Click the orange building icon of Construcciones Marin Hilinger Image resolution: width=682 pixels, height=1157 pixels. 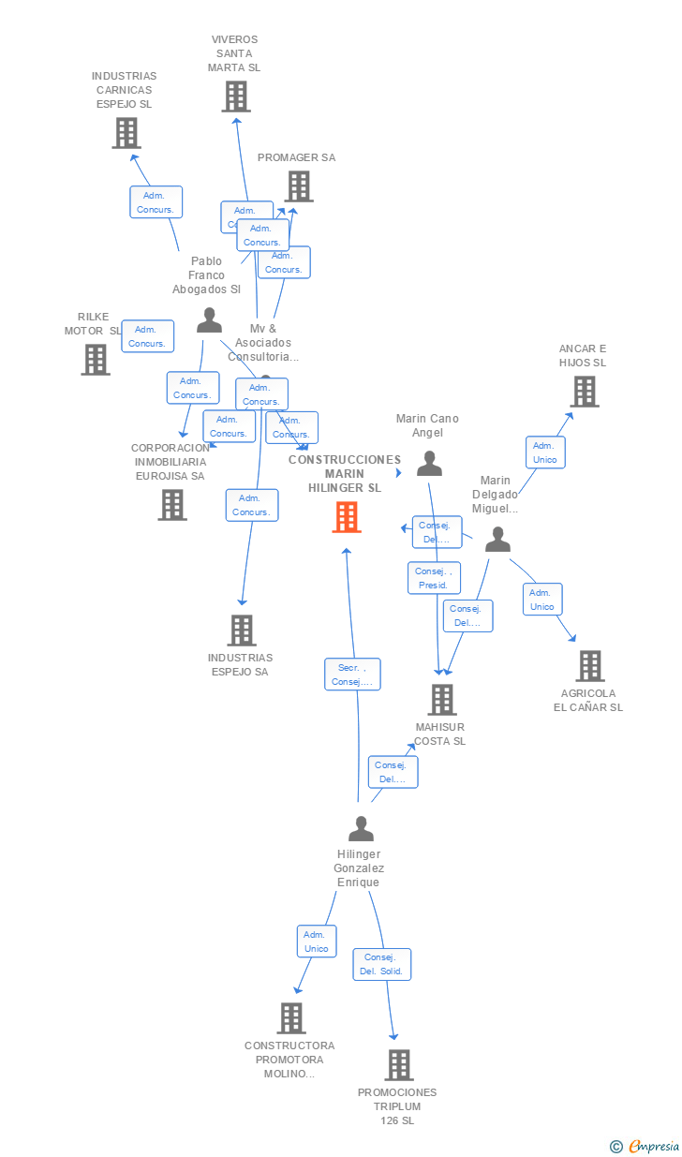(x=347, y=517)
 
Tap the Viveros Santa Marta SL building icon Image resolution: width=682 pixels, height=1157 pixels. (x=236, y=96)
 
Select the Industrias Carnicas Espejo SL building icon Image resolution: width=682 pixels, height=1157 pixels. (x=126, y=133)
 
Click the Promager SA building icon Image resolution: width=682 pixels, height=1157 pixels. (x=299, y=186)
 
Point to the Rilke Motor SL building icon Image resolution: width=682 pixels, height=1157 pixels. (x=95, y=360)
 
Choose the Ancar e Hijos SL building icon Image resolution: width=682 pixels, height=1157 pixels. (x=585, y=392)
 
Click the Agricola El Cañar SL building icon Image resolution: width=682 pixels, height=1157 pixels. (x=589, y=666)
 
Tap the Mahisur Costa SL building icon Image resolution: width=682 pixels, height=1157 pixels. (x=441, y=700)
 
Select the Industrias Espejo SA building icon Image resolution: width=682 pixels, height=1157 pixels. (x=242, y=630)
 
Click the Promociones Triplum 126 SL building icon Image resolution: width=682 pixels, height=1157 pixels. (x=399, y=1065)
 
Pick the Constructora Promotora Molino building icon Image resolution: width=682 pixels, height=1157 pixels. (x=291, y=1018)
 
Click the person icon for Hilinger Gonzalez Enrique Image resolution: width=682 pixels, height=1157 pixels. (x=361, y=829)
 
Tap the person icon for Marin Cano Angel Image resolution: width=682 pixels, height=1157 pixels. (x=429, y=464)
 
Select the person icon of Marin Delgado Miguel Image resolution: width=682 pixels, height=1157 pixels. (x=497, y=540)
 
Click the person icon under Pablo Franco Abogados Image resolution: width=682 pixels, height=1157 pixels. (x=209, y=320)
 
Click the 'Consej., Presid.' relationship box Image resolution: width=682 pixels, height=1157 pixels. (x=434, y=578)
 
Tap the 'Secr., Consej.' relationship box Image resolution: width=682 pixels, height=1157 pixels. (x=352, y=675)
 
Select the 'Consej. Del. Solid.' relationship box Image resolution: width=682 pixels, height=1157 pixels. (x=382, y=964)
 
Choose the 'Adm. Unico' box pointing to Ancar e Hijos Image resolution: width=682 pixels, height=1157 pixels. (x=544, y=452)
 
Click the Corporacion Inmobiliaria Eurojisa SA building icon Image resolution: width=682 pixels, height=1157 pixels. (x=172, y=505)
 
